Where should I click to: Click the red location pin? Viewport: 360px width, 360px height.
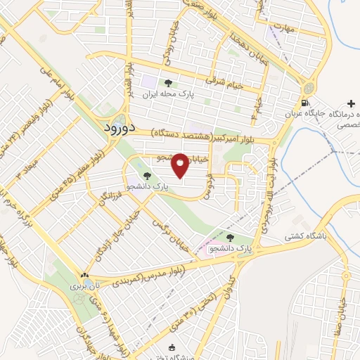click(180, 165)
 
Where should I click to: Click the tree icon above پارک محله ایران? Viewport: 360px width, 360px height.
click(167, 83)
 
